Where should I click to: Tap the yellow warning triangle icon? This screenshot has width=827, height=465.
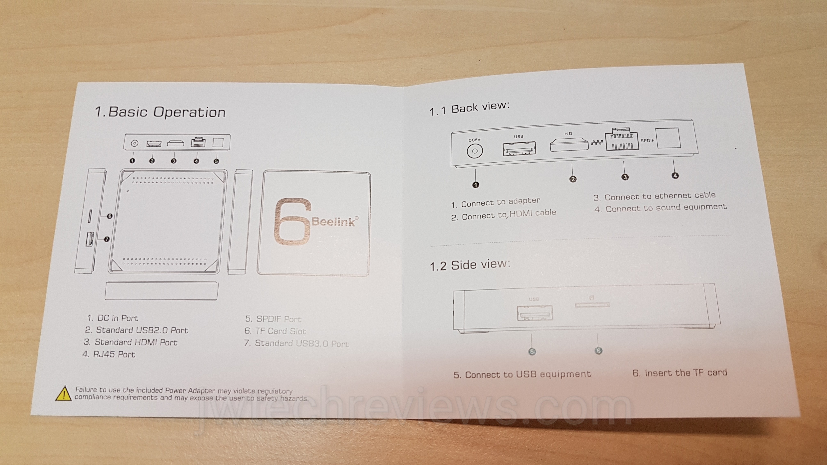coord(64,394)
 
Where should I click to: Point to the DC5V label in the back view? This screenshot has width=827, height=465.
coord(474,140)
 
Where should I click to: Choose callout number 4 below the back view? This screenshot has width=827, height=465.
coord(675,176)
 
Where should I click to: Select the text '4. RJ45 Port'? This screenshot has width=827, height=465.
coord(109,354)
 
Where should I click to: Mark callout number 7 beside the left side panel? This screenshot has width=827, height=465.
coord(107,239)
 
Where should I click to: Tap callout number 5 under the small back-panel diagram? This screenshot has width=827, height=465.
coord(216,161)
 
